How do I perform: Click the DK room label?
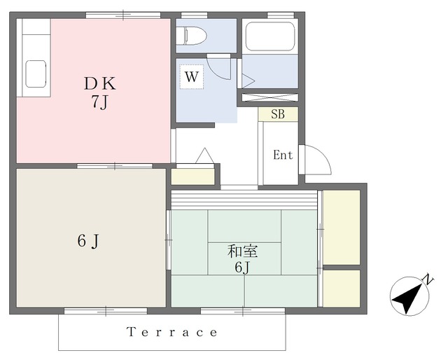(x=100, y=84)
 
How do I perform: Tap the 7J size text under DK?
(x=99, y=102)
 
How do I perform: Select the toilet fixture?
(x=191, y=36)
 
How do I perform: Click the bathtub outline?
(x=270, y=36)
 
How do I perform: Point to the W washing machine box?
(x=191, y=76)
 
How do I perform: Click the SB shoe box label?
(x=278, y=114)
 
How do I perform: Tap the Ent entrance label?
(x=283, y=155)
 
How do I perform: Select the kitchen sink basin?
(x=36, y=74)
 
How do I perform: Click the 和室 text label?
(x=243, y=251)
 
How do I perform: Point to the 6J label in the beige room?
(x=88, y=241)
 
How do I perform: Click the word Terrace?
(x=171, y=332)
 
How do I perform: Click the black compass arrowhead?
(x=407, y=298)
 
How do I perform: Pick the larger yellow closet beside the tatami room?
(x=341, y=228)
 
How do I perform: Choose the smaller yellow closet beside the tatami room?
(x=341, y=289)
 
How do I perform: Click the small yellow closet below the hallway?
(x=193, y=176)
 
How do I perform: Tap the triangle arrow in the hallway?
(x=204, y=156)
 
